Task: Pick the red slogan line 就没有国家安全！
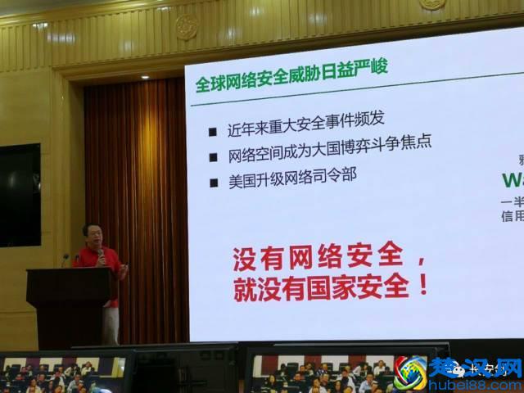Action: tap(332, 288)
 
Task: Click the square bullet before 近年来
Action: tap(212, 131)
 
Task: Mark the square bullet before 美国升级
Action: tap(212, 183)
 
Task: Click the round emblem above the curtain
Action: tap(186, 26)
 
